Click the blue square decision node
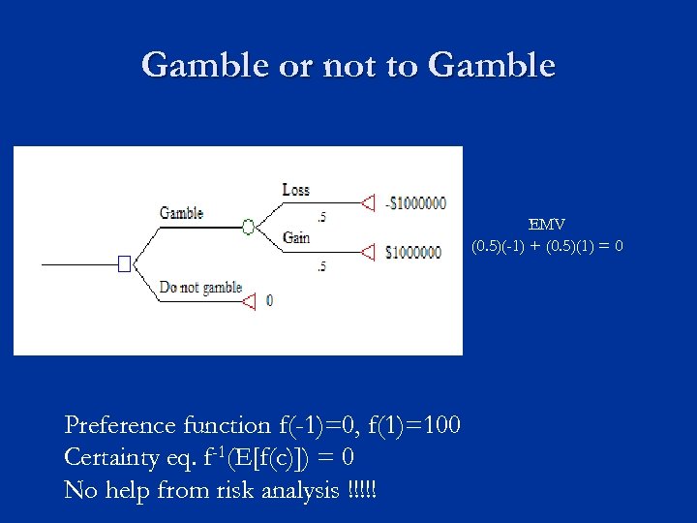tap(124, 263)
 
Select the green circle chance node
tap(248, 227)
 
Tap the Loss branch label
tap(295, 190)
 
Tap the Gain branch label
tap(295, 238)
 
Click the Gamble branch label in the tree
tap(181, 213)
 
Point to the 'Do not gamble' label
tap(200, 288)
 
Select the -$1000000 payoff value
tap(415, 203)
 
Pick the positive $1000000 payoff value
tap(414, 253)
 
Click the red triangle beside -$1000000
tap(367, 202)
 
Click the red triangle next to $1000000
tap(367, 252)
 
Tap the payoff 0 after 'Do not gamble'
tap(269, 301)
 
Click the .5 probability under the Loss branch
tap(320, 217)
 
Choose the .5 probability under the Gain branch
tap(320, 266)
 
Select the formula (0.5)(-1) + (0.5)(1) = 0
tap(547, 246)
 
